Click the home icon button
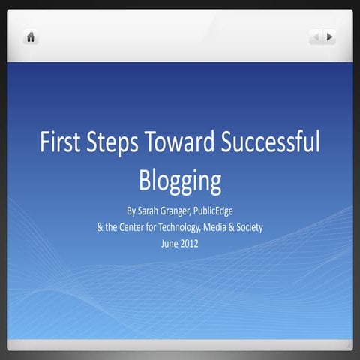pos(31,37)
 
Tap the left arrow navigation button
pos(316,37)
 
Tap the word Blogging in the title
pos(180,181)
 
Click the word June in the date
pos(169,242)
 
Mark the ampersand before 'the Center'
pos(100,226)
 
